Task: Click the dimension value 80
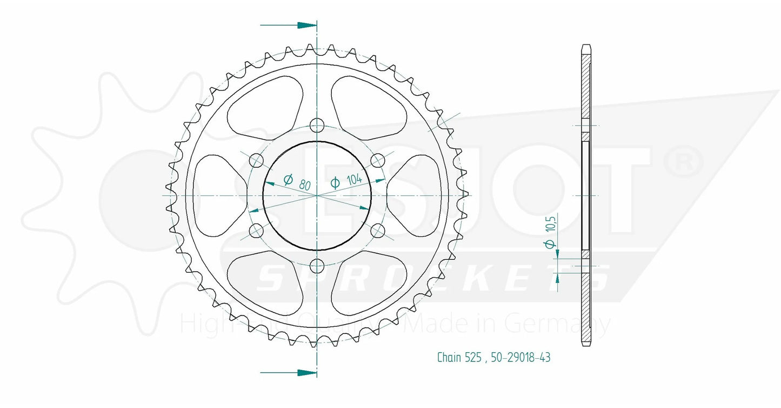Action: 305,185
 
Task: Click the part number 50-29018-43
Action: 521,358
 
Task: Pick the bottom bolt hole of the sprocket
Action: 317,265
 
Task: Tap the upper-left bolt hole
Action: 257,160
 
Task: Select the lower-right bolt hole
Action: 378,231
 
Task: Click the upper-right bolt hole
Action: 378,160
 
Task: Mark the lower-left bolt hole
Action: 257,231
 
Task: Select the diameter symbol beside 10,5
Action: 550,245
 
